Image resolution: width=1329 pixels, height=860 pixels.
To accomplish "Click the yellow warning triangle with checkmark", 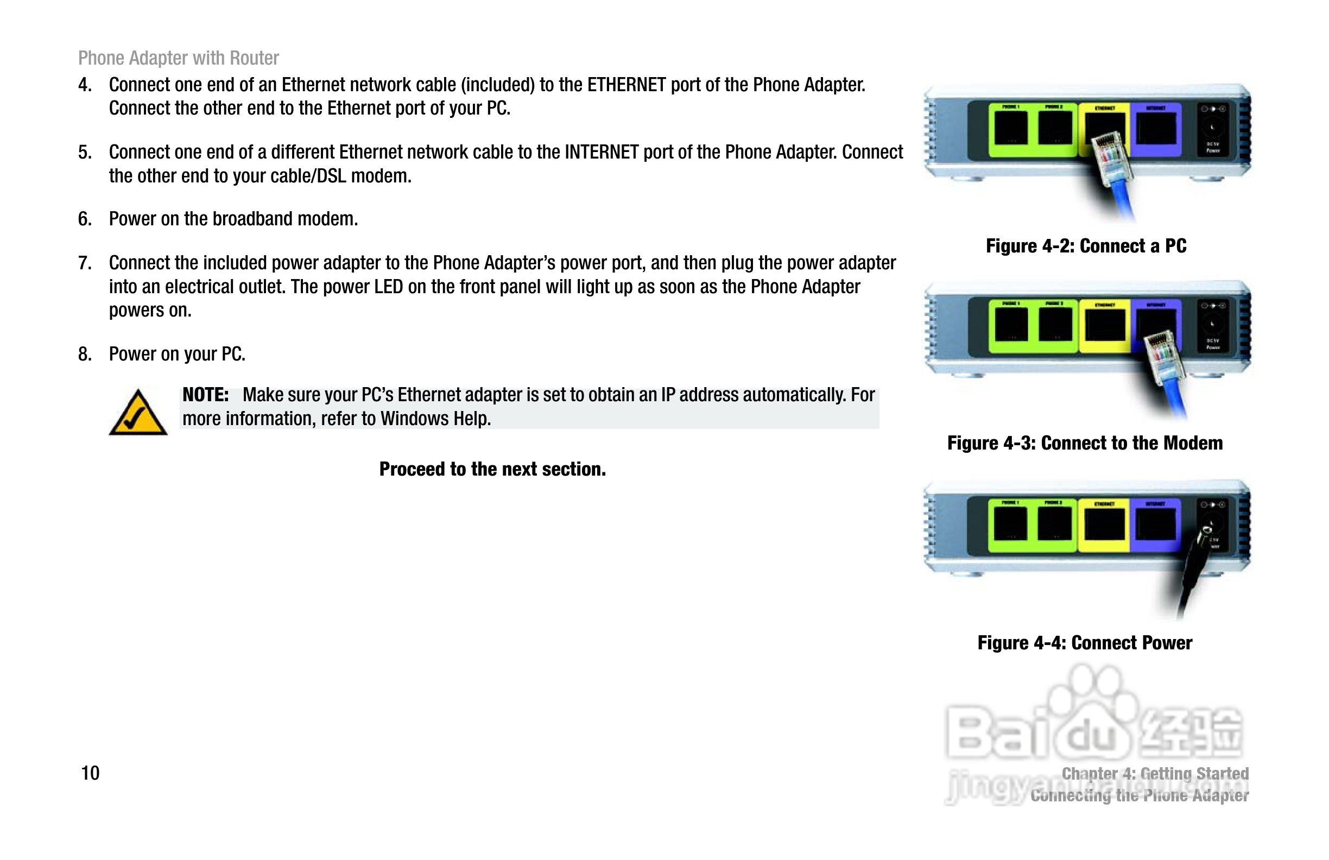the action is (138, 414).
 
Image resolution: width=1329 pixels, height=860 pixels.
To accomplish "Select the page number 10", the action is (90, 773).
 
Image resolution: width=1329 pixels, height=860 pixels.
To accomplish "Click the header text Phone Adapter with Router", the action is (178, 58).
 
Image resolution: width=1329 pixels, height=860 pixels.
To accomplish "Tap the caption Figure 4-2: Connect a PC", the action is (1086, 246).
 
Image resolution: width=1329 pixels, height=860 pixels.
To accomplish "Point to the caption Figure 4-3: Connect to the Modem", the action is (1084, 443).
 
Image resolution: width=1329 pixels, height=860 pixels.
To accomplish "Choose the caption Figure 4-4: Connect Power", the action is (1084, 643).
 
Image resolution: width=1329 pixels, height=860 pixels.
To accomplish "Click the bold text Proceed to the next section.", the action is (492, 469).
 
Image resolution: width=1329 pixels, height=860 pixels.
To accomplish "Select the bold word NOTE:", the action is (205, 395).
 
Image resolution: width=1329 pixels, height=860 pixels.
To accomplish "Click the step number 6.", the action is (84, 219).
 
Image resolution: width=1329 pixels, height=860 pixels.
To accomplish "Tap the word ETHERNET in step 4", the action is (626, 85).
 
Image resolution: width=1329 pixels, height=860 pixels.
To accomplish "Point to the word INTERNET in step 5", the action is (601, 153).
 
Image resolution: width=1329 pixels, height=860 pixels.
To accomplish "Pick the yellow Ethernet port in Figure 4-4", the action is (1104, 525).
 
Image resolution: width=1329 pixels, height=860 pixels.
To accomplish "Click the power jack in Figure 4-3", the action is (1212, 324).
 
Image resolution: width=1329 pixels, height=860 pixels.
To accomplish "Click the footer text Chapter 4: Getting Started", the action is (1155, 774).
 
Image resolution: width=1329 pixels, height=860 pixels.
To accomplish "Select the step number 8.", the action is (84, 354).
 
